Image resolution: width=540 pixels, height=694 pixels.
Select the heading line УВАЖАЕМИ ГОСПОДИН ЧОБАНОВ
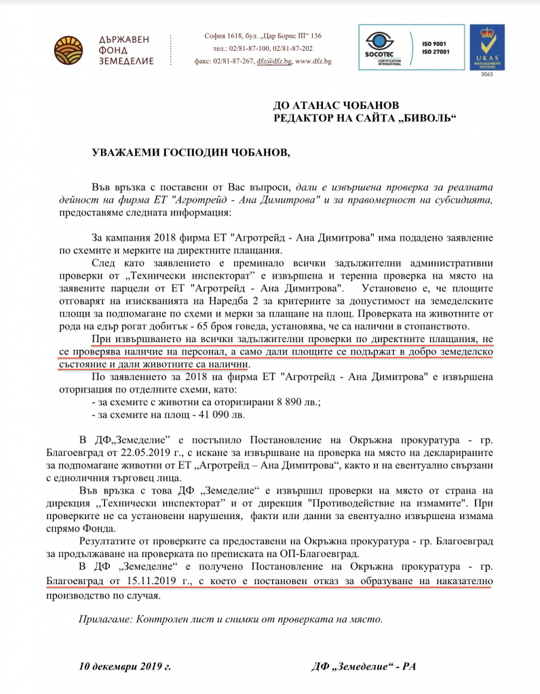[x=191, y=153]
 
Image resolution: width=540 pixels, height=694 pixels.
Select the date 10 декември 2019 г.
[x=125, y=666]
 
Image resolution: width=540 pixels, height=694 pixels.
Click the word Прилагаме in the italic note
[x=105, y=619]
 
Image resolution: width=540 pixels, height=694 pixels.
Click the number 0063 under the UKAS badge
[x=487, y=75]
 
